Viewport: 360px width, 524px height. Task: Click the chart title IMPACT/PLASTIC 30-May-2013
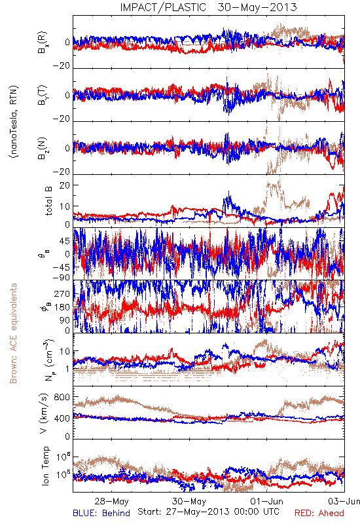[208, 7]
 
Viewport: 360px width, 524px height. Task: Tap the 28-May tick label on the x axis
[111, 501]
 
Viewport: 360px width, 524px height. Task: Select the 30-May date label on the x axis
[189, 501]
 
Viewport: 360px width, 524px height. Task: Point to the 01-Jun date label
[267, 501]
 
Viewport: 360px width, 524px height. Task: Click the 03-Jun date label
[344, 501]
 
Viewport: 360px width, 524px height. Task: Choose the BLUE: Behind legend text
[101, 513]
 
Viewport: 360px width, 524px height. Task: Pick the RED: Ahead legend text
[319, 513]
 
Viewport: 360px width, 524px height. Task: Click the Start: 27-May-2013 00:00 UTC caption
[208, 512]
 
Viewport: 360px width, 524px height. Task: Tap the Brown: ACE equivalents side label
[13, 333]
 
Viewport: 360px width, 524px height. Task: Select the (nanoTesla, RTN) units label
[14, 122]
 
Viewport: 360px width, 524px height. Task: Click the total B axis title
[48, 201]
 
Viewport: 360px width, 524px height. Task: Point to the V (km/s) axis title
[44, 413]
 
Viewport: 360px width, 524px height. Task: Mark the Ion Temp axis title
[45, 466]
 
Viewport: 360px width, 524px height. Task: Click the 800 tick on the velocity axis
[62, 397]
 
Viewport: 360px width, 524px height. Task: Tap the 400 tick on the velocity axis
[62, 418]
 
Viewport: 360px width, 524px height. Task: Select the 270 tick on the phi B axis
[62, 293]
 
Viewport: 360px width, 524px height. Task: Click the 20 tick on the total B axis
[64, 185]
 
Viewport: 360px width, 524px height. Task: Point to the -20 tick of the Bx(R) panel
[62, 65]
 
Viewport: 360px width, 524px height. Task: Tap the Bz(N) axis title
[43, 148]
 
